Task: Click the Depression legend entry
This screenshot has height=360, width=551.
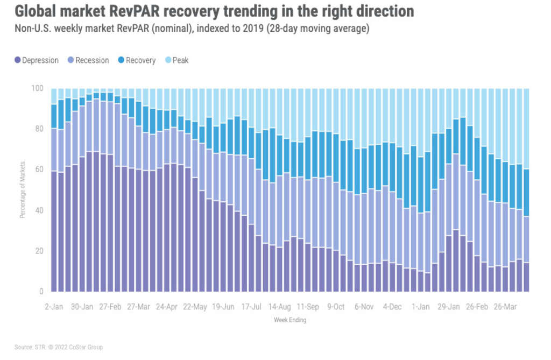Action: (x=37, y=60)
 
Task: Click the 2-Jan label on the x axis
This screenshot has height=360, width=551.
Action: (x=54, y=307)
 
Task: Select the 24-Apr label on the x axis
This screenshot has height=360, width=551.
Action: (x=167, y=307)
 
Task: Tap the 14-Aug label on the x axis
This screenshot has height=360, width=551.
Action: (x=279, y=307)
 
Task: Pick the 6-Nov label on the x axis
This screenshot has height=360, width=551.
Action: (x=364, y=307)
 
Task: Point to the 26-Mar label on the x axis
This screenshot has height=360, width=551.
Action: (x=505, y=307)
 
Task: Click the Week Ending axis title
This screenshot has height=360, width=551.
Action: (x=291, y=320)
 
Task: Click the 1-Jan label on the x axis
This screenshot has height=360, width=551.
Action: (x=420, y=307)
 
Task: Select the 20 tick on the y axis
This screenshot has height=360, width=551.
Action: (x=39, y=251)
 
